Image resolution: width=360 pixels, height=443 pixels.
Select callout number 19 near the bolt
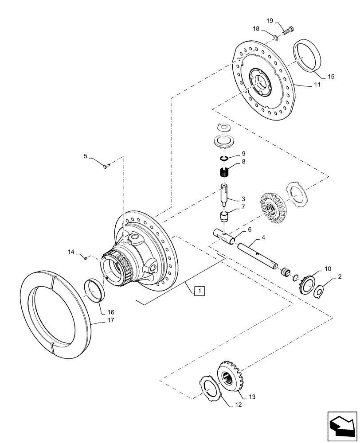pyautogui.click(x=270, y=21)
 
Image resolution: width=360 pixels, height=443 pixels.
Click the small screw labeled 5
pyautogui.click(x=106, y=166)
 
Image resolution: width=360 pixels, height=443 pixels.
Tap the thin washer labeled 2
pyautogui.click(x=320, y=292)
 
